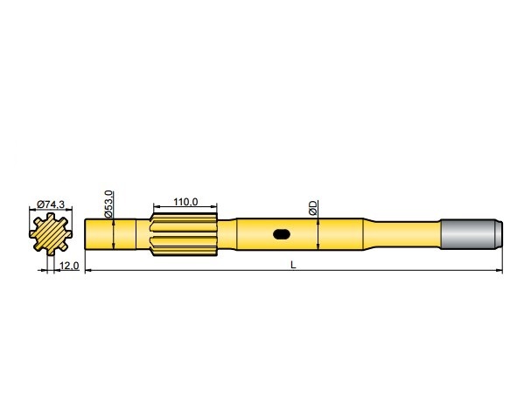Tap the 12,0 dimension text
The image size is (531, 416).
click(x=70, y=265)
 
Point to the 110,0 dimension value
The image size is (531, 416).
click(x=185, y=202)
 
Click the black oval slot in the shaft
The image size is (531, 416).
click(x=283, y=233)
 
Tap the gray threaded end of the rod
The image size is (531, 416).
click(x=470, y=233)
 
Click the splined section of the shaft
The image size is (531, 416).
click(x=185, y=234)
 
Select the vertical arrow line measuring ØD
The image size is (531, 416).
click(x=318, y=233)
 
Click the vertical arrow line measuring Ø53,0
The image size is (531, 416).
click(x=115, y=233)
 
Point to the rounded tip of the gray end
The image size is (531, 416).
click(x=501, y=233)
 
